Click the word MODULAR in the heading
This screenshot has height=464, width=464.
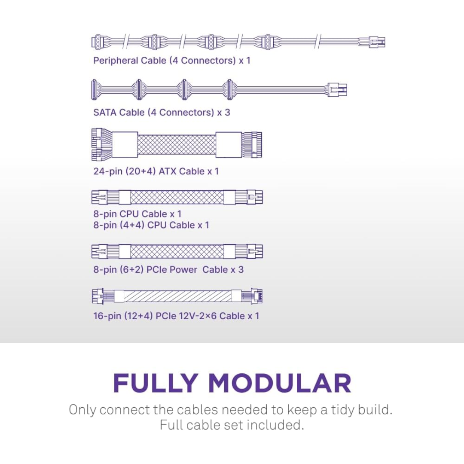(x=280, y=383)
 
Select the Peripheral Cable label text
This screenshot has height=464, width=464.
(x=172, y=61)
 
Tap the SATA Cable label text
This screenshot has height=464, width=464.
(x=162, y=113)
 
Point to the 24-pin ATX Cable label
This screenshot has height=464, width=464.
(x=156, y=171)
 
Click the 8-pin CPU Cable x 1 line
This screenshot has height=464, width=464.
(x=137, y=214)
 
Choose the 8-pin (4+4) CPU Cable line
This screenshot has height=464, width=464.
(x=151, y=225)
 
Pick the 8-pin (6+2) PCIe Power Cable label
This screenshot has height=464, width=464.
(x=168, y=269)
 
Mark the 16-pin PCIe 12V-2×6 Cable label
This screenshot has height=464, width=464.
(x=176, y=316)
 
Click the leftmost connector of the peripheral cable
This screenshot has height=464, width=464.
(x=98, y=42)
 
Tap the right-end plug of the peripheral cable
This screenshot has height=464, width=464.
(x=377, y=42)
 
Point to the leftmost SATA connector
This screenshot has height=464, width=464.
(x=94, y=89)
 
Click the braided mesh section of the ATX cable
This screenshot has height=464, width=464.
(x=177, y=145)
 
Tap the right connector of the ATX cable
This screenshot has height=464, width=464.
(x=252, y=145)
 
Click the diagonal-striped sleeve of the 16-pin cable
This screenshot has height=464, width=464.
(x=177, y=296)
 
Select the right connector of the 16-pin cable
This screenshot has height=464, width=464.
(x=256, y=296)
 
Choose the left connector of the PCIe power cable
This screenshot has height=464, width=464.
(x=99, y=251)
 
